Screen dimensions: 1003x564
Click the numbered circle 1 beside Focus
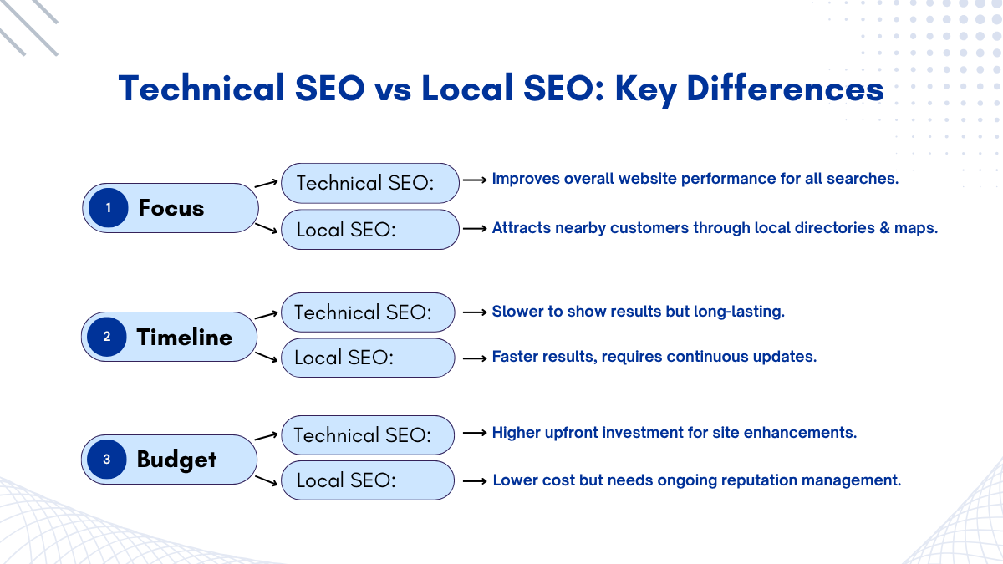[109, 208]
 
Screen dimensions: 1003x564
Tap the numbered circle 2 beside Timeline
[107, 337]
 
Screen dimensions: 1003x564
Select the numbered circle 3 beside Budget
[107, 460]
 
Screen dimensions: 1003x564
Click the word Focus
[171, 208]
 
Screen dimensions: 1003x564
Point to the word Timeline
[185, 337]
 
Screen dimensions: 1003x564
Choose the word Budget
[176, 460]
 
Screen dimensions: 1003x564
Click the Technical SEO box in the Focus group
[369, 183]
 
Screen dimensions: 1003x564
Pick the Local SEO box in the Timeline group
[368, 358]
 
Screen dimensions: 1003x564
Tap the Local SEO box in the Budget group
[368, 480]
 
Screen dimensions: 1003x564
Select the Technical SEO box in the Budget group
[368, 435]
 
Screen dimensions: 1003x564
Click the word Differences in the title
[785, 89]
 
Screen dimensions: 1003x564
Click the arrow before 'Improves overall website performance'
[475, 180]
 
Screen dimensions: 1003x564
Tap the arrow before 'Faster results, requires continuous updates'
[475, 358]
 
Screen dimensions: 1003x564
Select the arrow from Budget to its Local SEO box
[266, 481]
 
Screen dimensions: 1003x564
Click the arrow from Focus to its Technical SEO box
[266, 183]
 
